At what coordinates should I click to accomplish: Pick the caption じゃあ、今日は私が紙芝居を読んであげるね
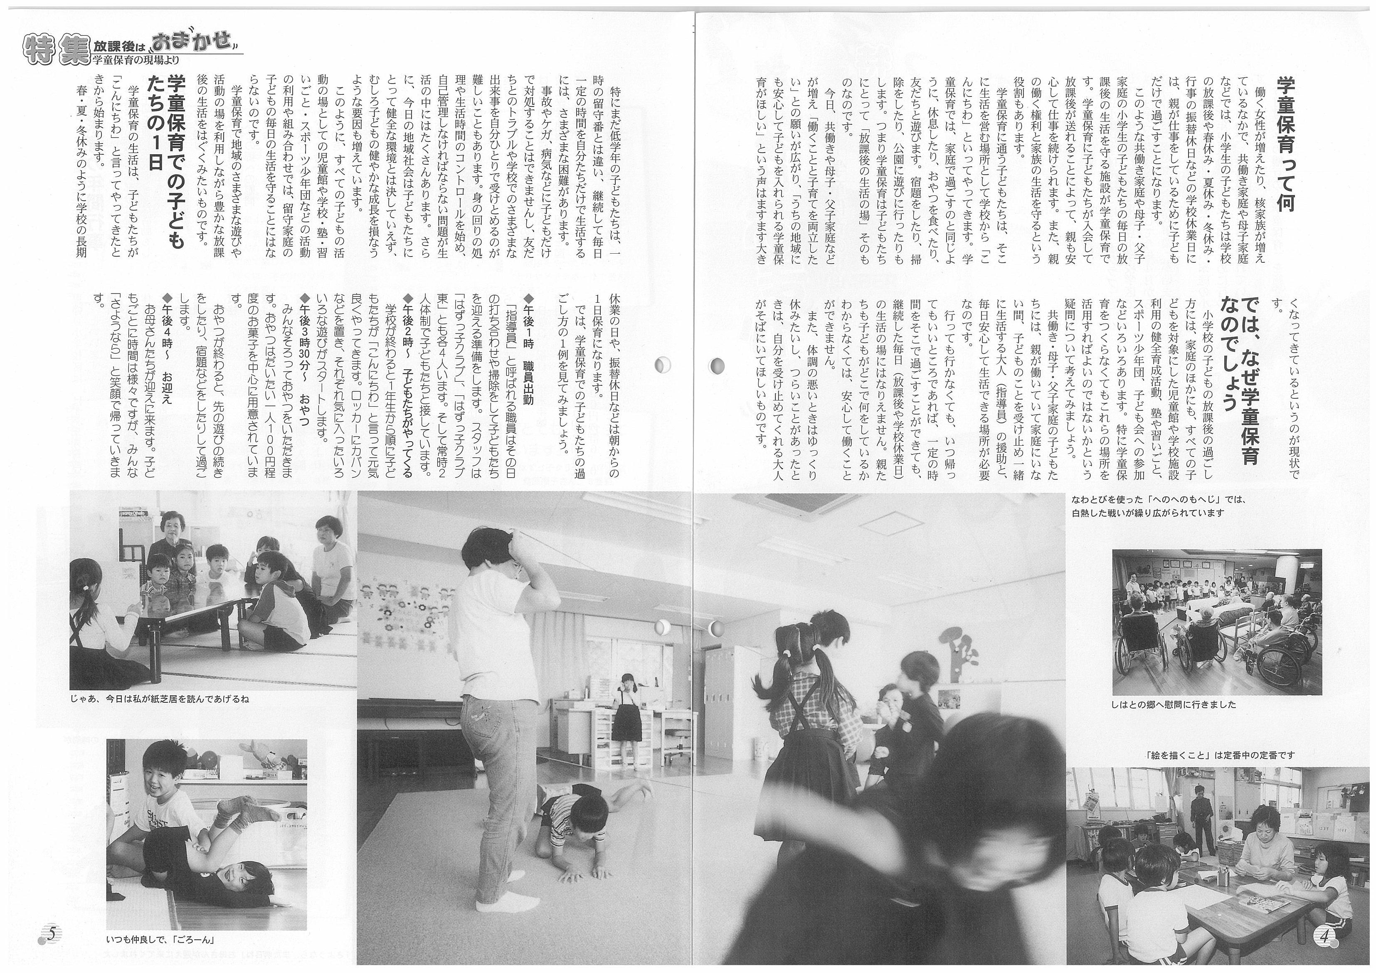pos(159,699)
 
